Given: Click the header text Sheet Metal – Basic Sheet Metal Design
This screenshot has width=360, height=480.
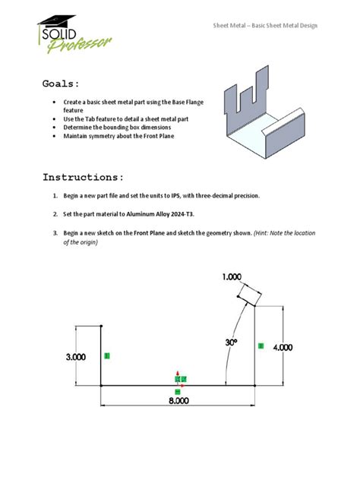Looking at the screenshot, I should [x=264, y=25].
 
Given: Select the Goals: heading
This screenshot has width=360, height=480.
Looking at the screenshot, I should [x=61, y=84].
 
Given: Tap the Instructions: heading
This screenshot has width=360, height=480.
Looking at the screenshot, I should [x=83, y=177].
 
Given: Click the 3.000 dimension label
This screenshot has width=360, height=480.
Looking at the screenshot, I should [x=76, y=356].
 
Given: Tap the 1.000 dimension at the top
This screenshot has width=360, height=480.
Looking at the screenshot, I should [x=232, y=277].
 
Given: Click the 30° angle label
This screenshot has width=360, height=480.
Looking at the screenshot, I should [x=232, y=343].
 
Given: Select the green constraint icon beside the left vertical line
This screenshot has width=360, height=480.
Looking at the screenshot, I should [x=107, y=355].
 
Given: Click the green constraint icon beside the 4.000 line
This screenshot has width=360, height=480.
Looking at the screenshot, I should [x=261, y=346].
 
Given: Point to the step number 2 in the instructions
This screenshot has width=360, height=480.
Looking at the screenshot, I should [x=55, y=214].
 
